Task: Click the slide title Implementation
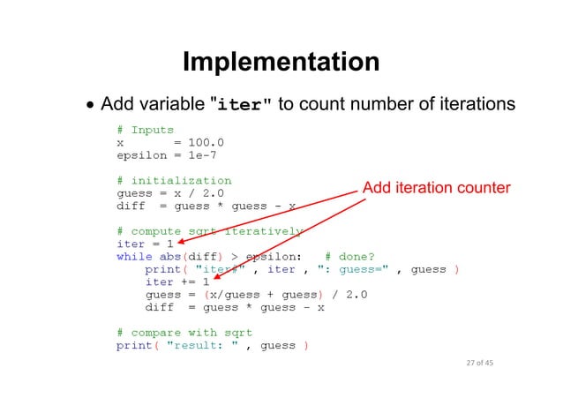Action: [x=281, y=63]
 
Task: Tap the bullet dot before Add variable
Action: [x=90, y=106]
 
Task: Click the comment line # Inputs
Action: [x=145, y=130]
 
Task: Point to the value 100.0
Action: [x=206, y=142]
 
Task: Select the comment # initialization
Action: [x=174, y=181]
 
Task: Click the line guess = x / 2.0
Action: [x=170, y=193]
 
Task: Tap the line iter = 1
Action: [x=145, y=244]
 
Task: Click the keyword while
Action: [x=134, y=257]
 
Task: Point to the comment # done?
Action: [x=350, y=257]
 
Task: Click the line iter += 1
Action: [x=176, y=282]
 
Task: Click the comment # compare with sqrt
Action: [x=184, y=333]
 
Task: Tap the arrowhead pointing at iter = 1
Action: [x=179, y=241]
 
